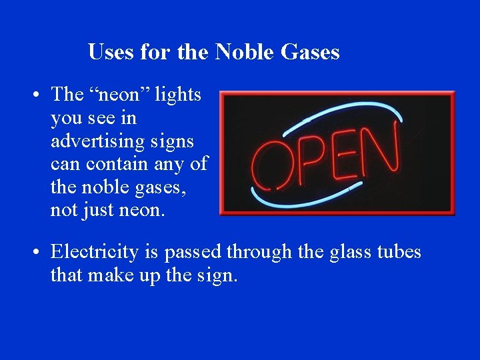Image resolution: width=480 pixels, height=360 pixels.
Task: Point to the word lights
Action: pyautogui.click(x=178, y=95)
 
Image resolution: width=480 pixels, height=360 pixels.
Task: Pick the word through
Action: pyautogui.click(x=259, y=252)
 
